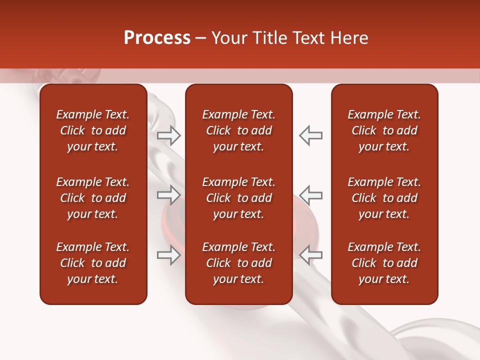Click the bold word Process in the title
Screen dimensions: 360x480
(157, 38)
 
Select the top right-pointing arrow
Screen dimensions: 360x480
(169, 135)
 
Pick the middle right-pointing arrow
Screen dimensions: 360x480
(169, 195)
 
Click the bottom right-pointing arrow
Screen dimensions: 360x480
(169, 255)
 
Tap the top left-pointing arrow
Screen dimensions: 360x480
(310, 135)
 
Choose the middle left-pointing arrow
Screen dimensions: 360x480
(310, 195)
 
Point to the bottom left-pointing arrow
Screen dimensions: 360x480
(310, 255)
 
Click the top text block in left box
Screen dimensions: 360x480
(93, 130)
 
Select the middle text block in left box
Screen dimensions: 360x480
(93, 198)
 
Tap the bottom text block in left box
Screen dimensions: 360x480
(93, 263)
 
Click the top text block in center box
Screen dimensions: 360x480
(238, 130)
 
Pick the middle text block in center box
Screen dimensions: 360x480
(238, 198)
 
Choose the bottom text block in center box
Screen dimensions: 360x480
(238, 263)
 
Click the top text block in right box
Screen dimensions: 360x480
(384, 130)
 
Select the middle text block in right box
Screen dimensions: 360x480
(384, 198)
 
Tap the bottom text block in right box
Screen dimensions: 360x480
(384, 263)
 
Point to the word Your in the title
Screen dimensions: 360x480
(229, 38)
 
